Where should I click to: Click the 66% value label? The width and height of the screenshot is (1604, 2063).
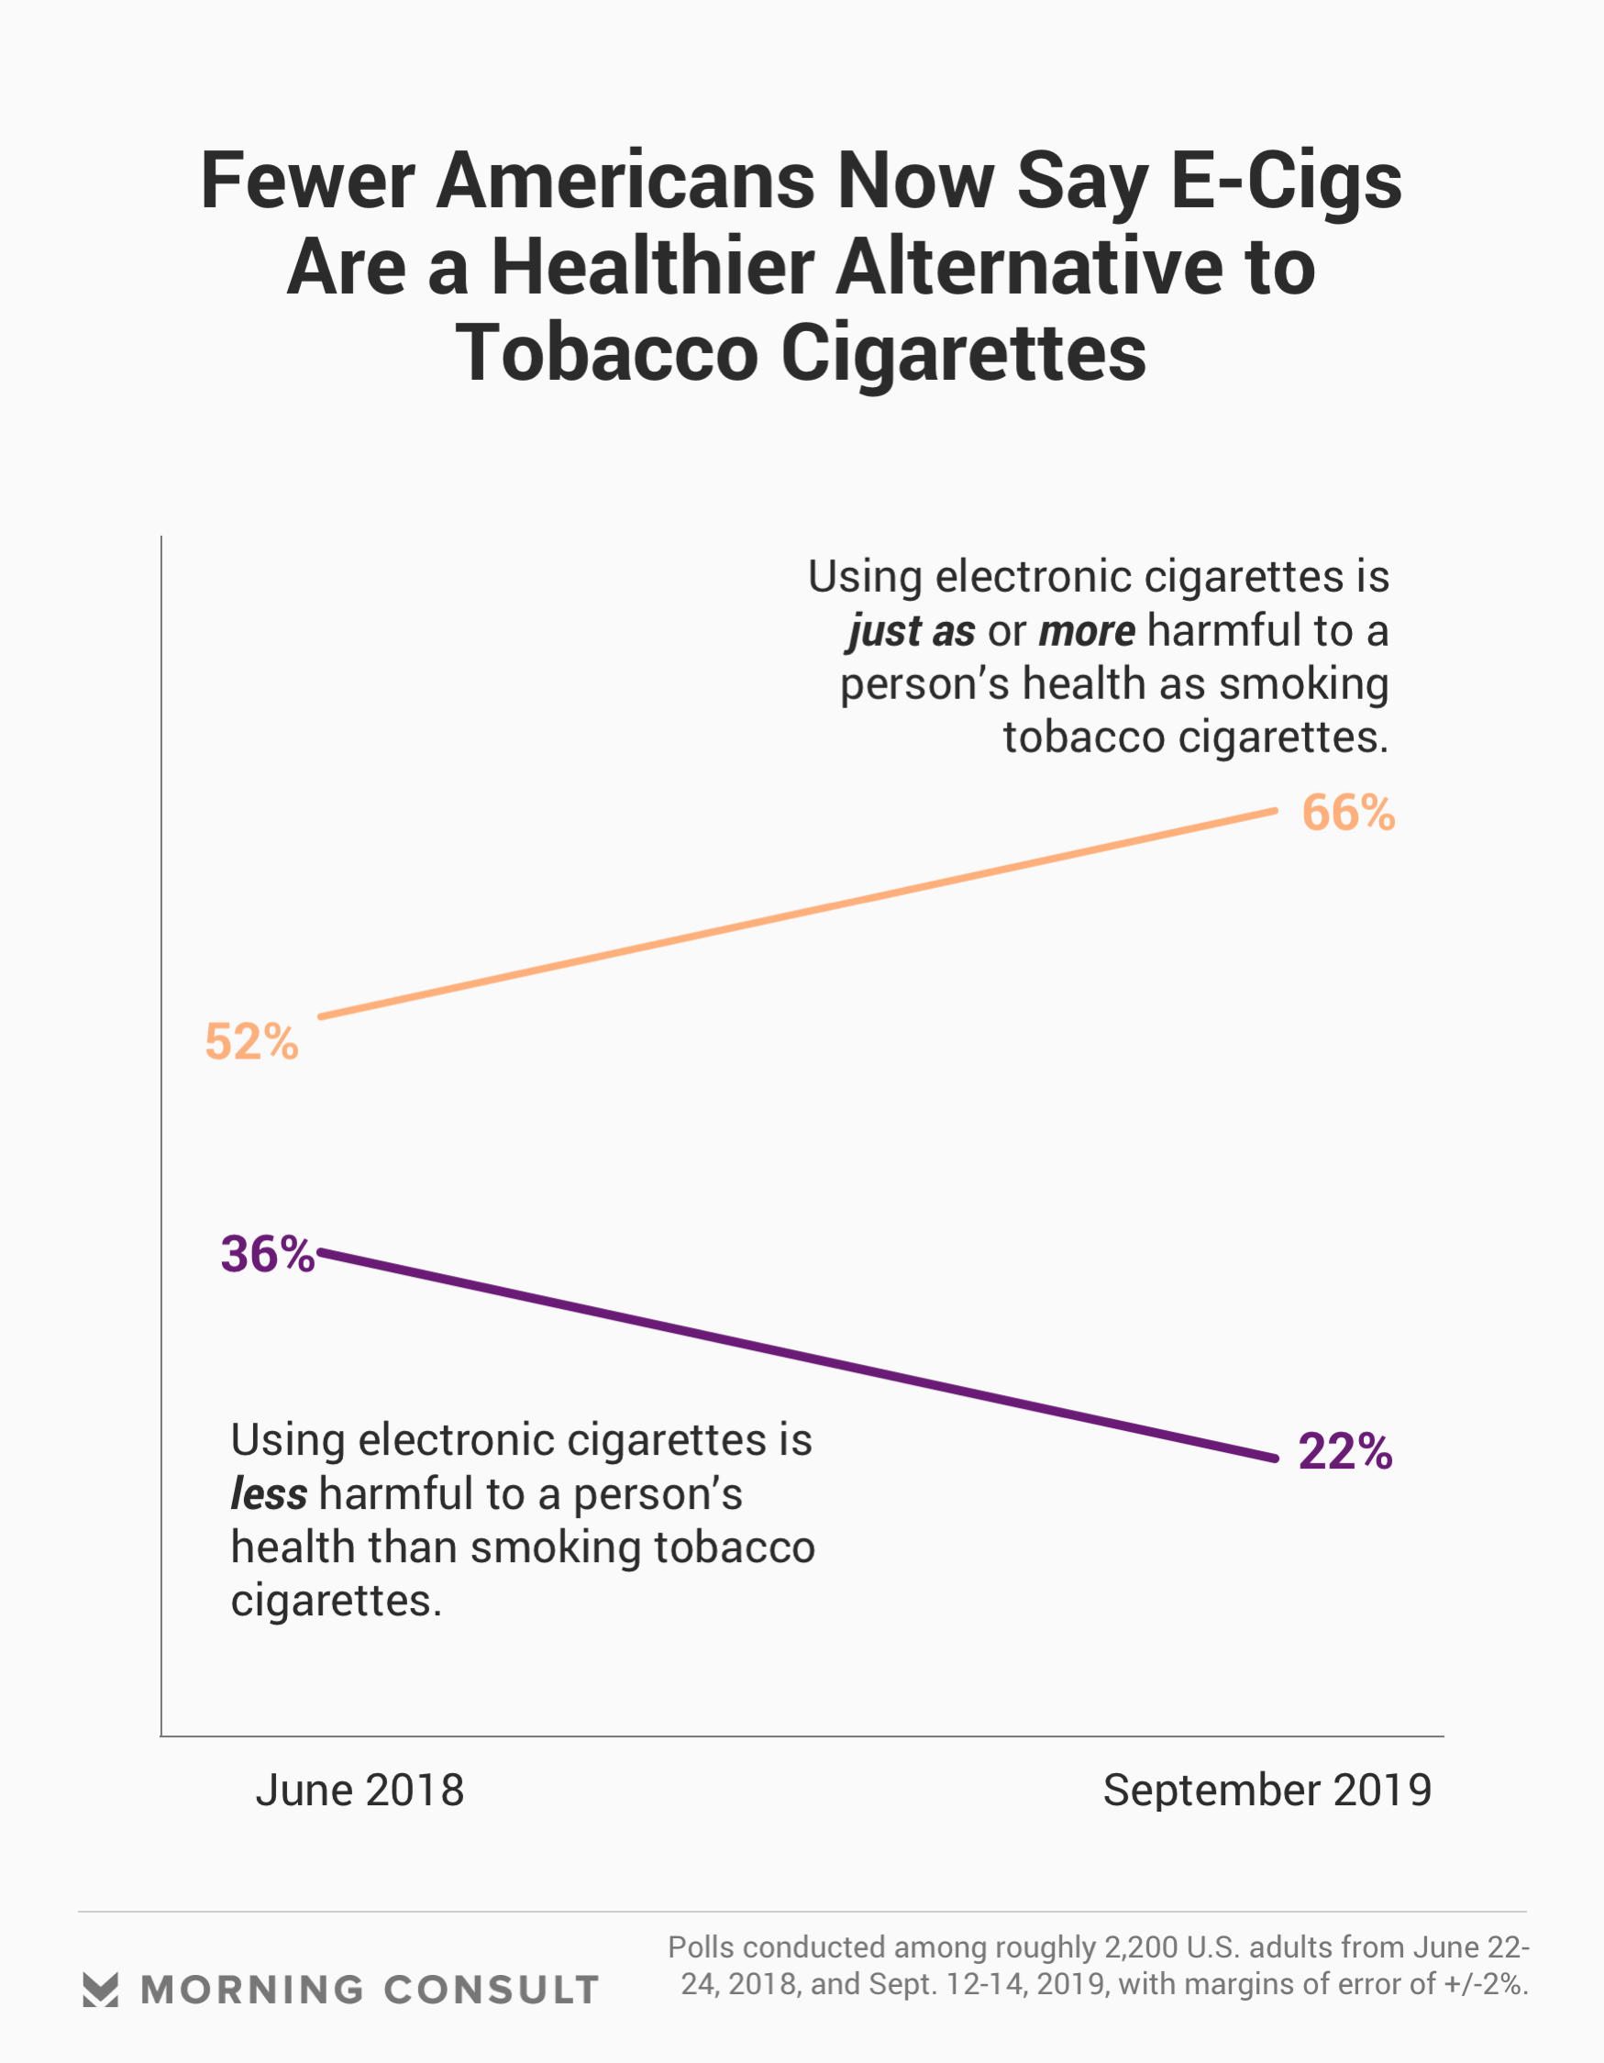1347,814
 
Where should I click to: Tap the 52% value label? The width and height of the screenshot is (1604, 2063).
251,1042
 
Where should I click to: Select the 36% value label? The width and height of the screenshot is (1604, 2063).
268,1255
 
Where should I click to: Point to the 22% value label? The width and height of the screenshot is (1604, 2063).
1344,1452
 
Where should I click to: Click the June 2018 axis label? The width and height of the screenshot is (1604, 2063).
360,1790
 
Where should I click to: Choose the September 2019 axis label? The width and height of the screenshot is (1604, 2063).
1267,1790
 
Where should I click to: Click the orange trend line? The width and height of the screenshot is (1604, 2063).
798,914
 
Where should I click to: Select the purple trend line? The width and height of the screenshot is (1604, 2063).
798,1357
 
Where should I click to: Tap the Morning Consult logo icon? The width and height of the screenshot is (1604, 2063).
100,1990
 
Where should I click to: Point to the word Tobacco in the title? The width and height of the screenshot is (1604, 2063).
606,353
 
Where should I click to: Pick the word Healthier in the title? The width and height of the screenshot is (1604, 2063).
652,267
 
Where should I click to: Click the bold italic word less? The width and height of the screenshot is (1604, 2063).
269,1494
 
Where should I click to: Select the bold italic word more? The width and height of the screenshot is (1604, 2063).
1087,630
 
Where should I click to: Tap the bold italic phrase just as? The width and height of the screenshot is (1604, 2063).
911,631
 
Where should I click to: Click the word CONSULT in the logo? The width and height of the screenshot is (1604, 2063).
492,1991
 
